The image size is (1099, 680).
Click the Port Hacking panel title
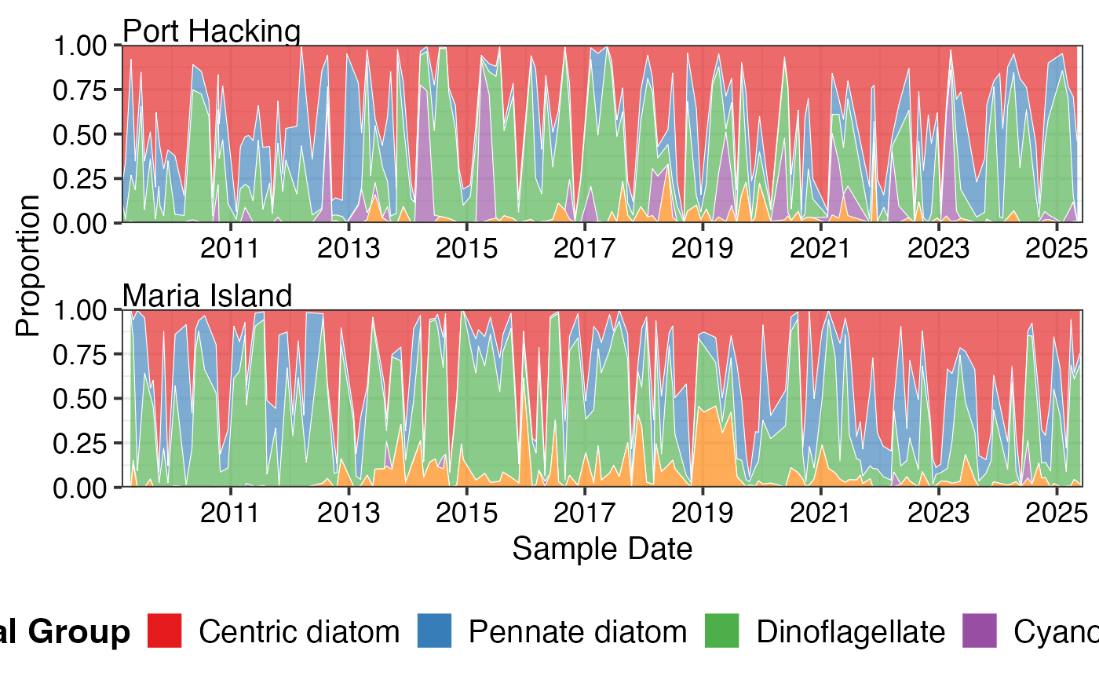click(212, 31)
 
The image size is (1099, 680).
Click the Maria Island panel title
click(207, 296)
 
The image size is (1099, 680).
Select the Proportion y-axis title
click(28, 265)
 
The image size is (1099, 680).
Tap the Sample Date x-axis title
click(602, 548)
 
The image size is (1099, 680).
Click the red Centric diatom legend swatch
click(165, 631)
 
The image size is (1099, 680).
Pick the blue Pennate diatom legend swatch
click(435, 631)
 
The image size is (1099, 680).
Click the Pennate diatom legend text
click(578, 631)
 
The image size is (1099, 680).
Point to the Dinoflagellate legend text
click(851, 631)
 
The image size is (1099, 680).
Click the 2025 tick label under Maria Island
click(1057, 513)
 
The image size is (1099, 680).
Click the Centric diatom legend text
click(299, 631)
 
